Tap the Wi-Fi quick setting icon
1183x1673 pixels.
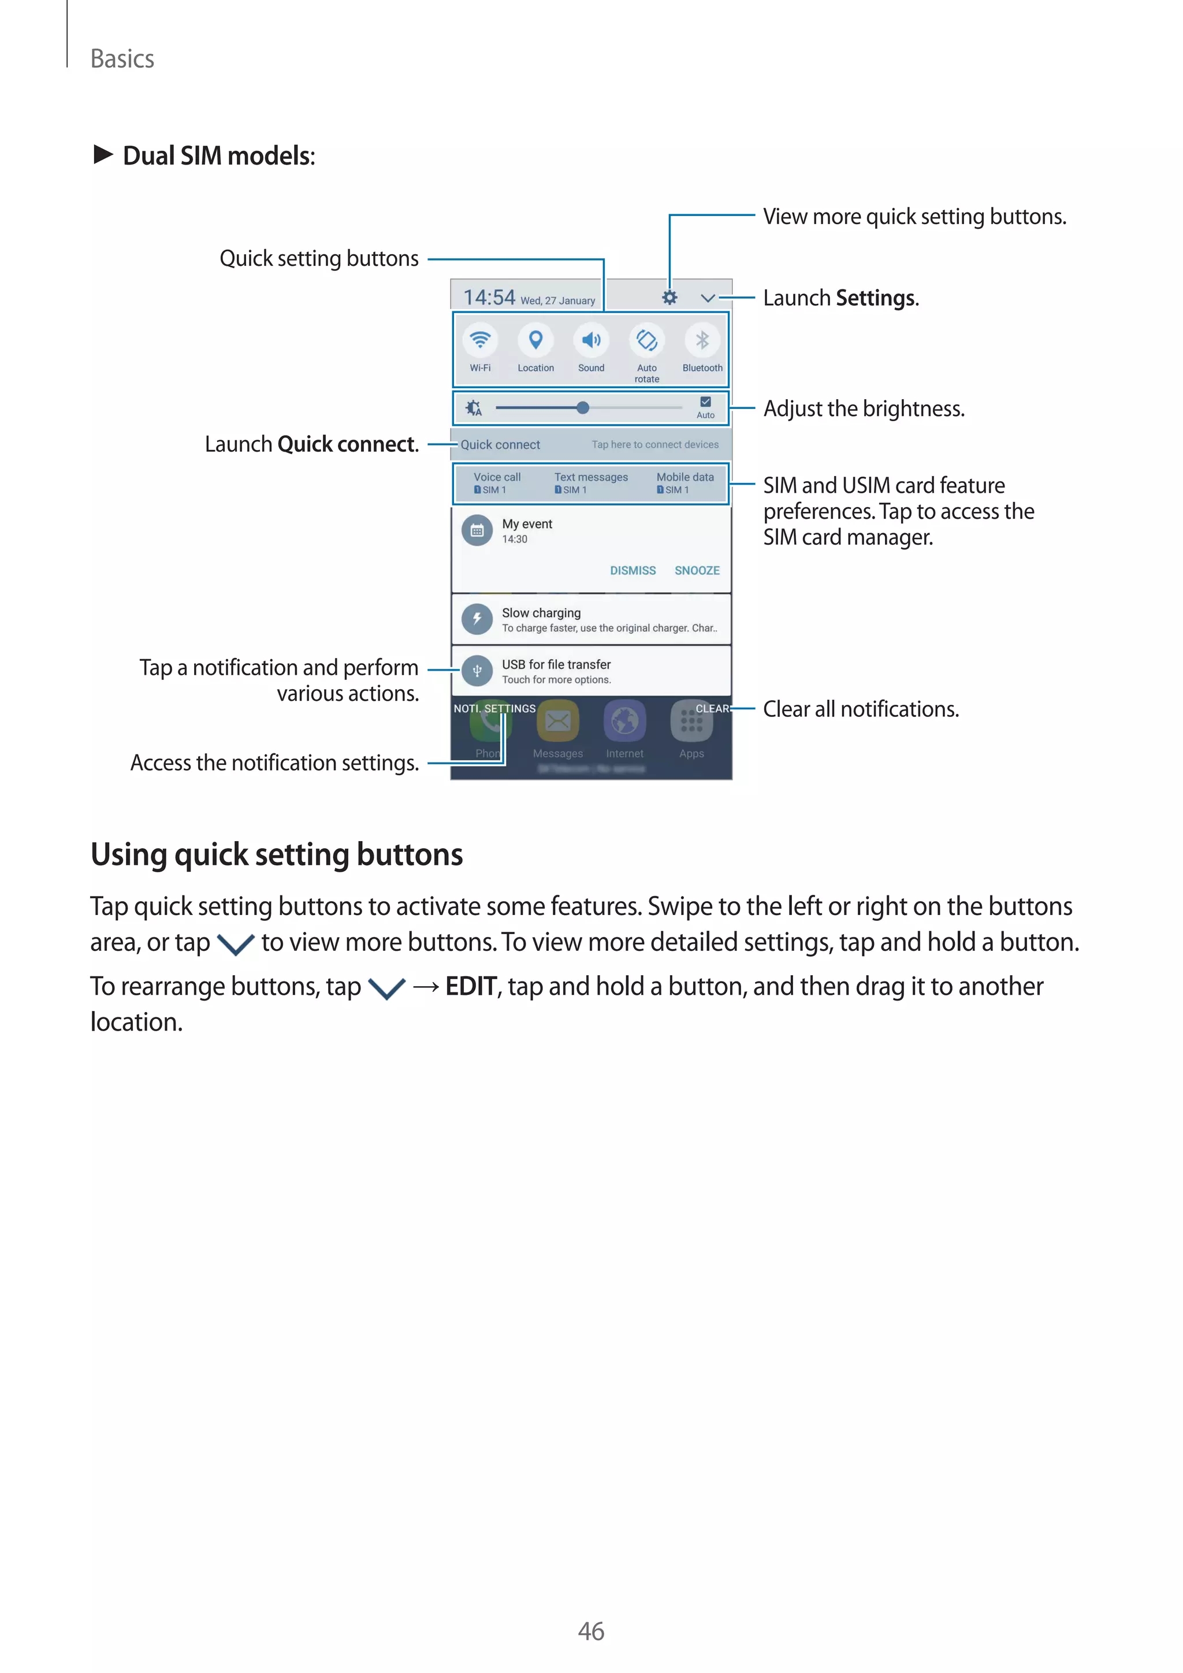480,340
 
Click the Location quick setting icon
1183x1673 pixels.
535,340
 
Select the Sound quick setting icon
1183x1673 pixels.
591,340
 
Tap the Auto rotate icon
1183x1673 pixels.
647,340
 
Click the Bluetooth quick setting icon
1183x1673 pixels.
702,340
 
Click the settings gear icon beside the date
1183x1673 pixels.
669,298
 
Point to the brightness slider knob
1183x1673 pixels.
583,408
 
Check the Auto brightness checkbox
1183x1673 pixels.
705,402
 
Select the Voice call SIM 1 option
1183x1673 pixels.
497,482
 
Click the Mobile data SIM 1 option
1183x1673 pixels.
684,482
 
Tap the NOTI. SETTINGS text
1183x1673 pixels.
494,708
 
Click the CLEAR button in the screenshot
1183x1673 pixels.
712,708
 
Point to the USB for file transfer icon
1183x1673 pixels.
477,670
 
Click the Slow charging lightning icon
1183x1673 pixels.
477,619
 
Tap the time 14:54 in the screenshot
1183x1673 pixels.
489,298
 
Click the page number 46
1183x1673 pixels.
591,1631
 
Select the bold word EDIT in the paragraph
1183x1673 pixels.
471,987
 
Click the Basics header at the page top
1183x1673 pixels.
122,59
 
